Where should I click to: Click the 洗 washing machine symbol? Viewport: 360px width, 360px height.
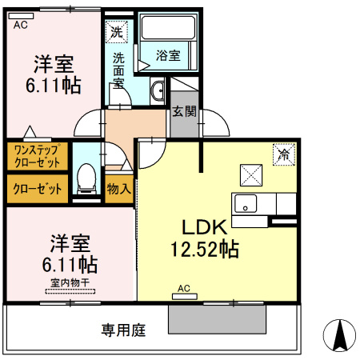pos(118,33)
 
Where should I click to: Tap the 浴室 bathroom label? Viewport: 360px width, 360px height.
pos(168,55)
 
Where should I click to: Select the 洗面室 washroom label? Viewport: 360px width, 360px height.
pos(118,71)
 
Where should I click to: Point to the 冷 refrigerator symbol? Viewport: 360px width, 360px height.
pos(283,154)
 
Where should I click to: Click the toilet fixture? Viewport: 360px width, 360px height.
pos(86,177)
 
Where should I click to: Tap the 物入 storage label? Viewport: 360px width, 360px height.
pos(118,190)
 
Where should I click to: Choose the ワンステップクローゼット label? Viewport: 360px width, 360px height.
pos(37,155)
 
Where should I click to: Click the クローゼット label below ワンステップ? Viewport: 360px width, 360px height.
pos(37,190)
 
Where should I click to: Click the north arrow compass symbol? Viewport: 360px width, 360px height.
pos(338,334)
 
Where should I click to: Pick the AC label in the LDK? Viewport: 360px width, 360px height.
pos(183,288)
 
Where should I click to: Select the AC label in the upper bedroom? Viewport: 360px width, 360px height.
pos(21,26)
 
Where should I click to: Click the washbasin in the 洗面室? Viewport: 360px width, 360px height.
pos(158,89)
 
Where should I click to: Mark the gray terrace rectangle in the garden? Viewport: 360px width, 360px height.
pos(217,320)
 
